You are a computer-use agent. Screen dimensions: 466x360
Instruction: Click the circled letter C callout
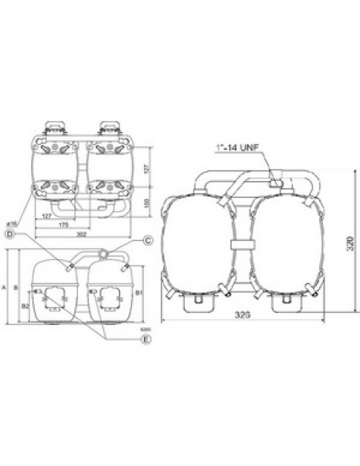tap(148, 240)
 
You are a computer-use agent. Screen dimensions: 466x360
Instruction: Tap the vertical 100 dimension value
tap(146, 202)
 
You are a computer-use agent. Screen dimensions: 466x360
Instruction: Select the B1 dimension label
tap(138, 293)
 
